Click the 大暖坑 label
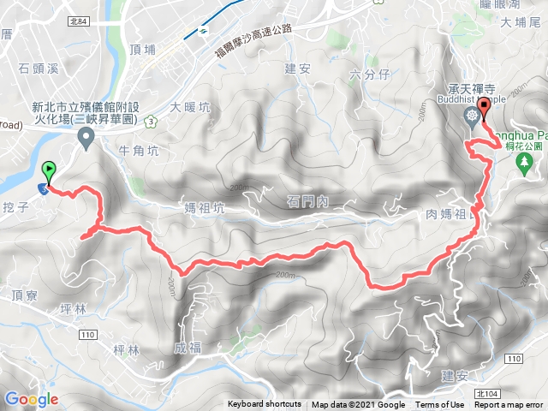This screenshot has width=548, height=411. pos(190,108)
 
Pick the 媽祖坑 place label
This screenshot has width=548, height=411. pos(205,208)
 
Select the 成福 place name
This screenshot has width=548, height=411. pos(191,348)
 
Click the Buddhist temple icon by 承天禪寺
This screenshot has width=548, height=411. pos(471,116)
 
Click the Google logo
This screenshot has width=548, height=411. pos(31,399)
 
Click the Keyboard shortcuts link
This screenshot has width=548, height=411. pos(264,405)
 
